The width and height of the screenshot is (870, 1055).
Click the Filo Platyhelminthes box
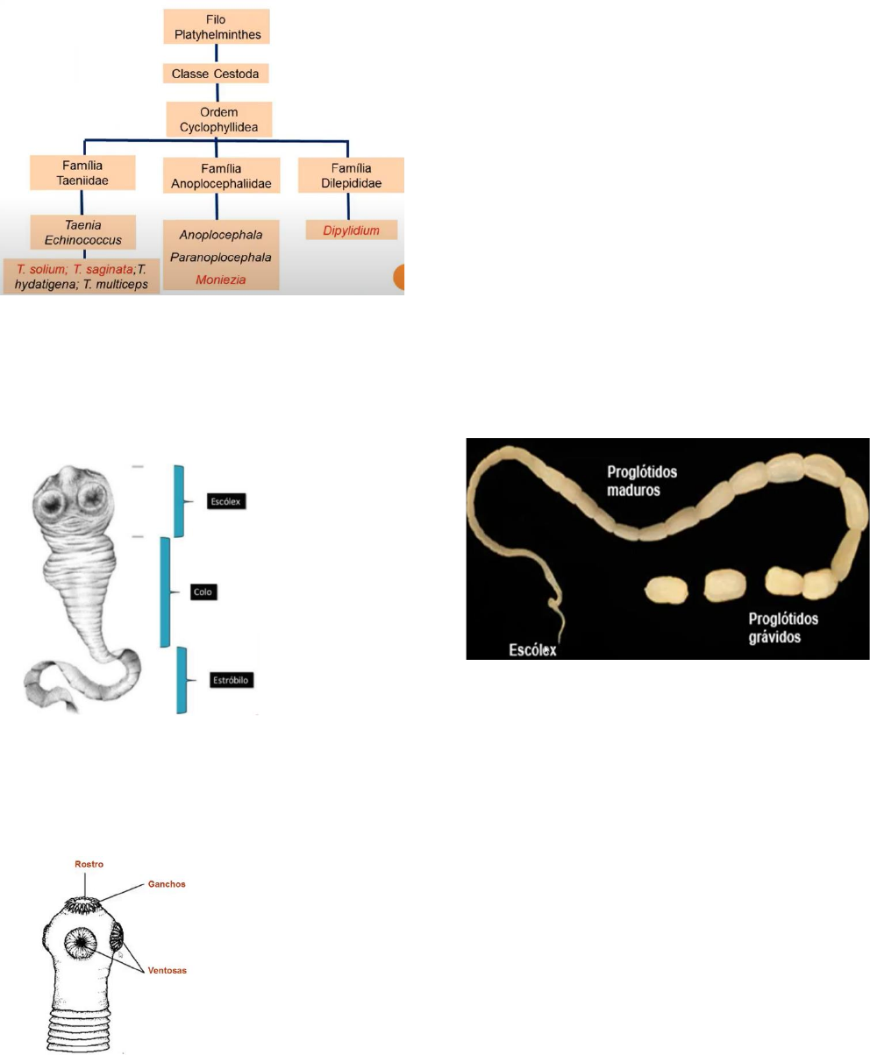click(216, 27)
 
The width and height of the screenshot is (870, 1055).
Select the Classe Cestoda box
click(216, 74)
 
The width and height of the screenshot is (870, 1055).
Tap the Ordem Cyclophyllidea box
click(219, 119)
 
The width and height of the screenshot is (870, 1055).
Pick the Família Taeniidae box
click(82, 173)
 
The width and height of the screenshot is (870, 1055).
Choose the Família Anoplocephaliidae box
click(221, 176)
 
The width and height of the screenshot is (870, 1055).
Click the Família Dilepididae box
click(351, 175)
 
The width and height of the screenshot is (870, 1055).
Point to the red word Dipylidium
click(351, 230)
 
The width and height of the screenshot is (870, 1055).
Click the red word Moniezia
click(220, 280)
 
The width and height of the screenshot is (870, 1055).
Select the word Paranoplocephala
click(220, 258)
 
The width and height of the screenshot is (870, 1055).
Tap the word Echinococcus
click(83, 240)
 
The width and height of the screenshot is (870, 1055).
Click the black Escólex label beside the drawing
click(226, 501)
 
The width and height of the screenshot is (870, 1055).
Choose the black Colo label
click(203, 591)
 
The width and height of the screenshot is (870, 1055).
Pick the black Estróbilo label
click(232, 680)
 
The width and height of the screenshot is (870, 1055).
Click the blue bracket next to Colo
click(166, 591)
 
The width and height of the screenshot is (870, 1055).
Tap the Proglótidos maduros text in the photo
click(641, 481)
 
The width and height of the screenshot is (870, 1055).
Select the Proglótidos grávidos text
click(783, 627)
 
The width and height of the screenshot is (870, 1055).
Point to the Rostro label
click(89, 865)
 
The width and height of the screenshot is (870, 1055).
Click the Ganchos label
click(167, 884)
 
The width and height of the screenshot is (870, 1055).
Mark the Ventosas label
click(167, 971)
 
